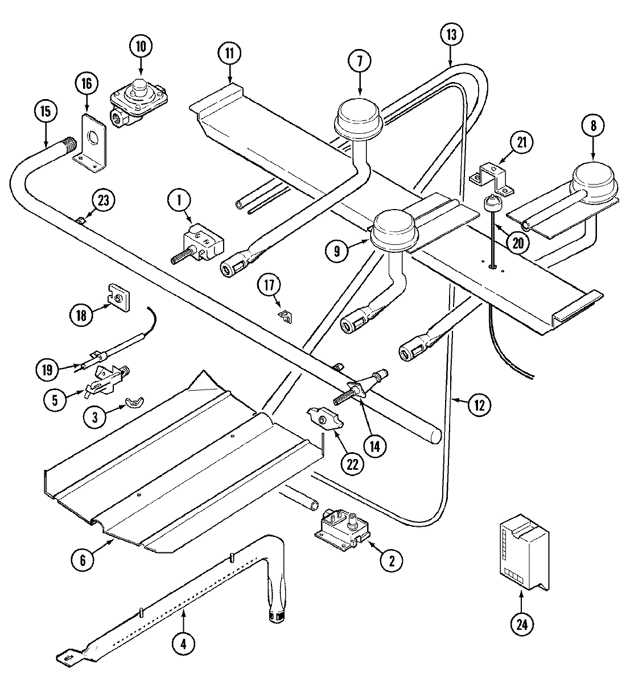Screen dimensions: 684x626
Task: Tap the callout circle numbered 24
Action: click(522, 624)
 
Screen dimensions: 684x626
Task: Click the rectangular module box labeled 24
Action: click(524, 554)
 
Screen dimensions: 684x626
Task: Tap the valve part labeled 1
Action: click(201, 242)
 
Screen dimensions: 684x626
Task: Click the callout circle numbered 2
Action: click(391, 560)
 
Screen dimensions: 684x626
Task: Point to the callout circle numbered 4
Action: click(183, 644)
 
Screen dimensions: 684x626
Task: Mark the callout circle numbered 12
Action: click(478, 405)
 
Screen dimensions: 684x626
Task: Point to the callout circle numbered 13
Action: click(451, 35)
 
